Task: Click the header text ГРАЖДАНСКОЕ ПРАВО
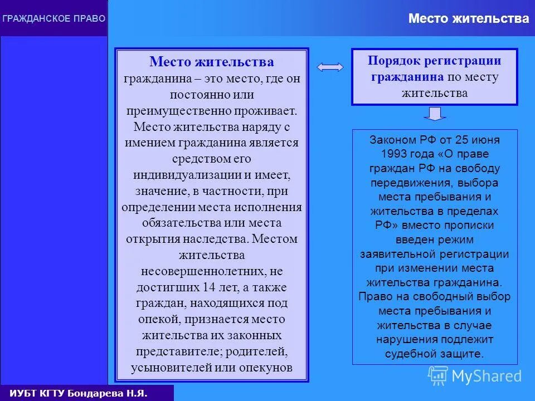point(53,18)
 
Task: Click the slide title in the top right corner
point(468,18)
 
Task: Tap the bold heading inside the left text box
point(211,62)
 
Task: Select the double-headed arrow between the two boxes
point(330,67)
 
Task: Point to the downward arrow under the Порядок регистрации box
point(435,114)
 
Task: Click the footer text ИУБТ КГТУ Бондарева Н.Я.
point(79,393)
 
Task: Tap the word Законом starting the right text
point(390,139)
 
